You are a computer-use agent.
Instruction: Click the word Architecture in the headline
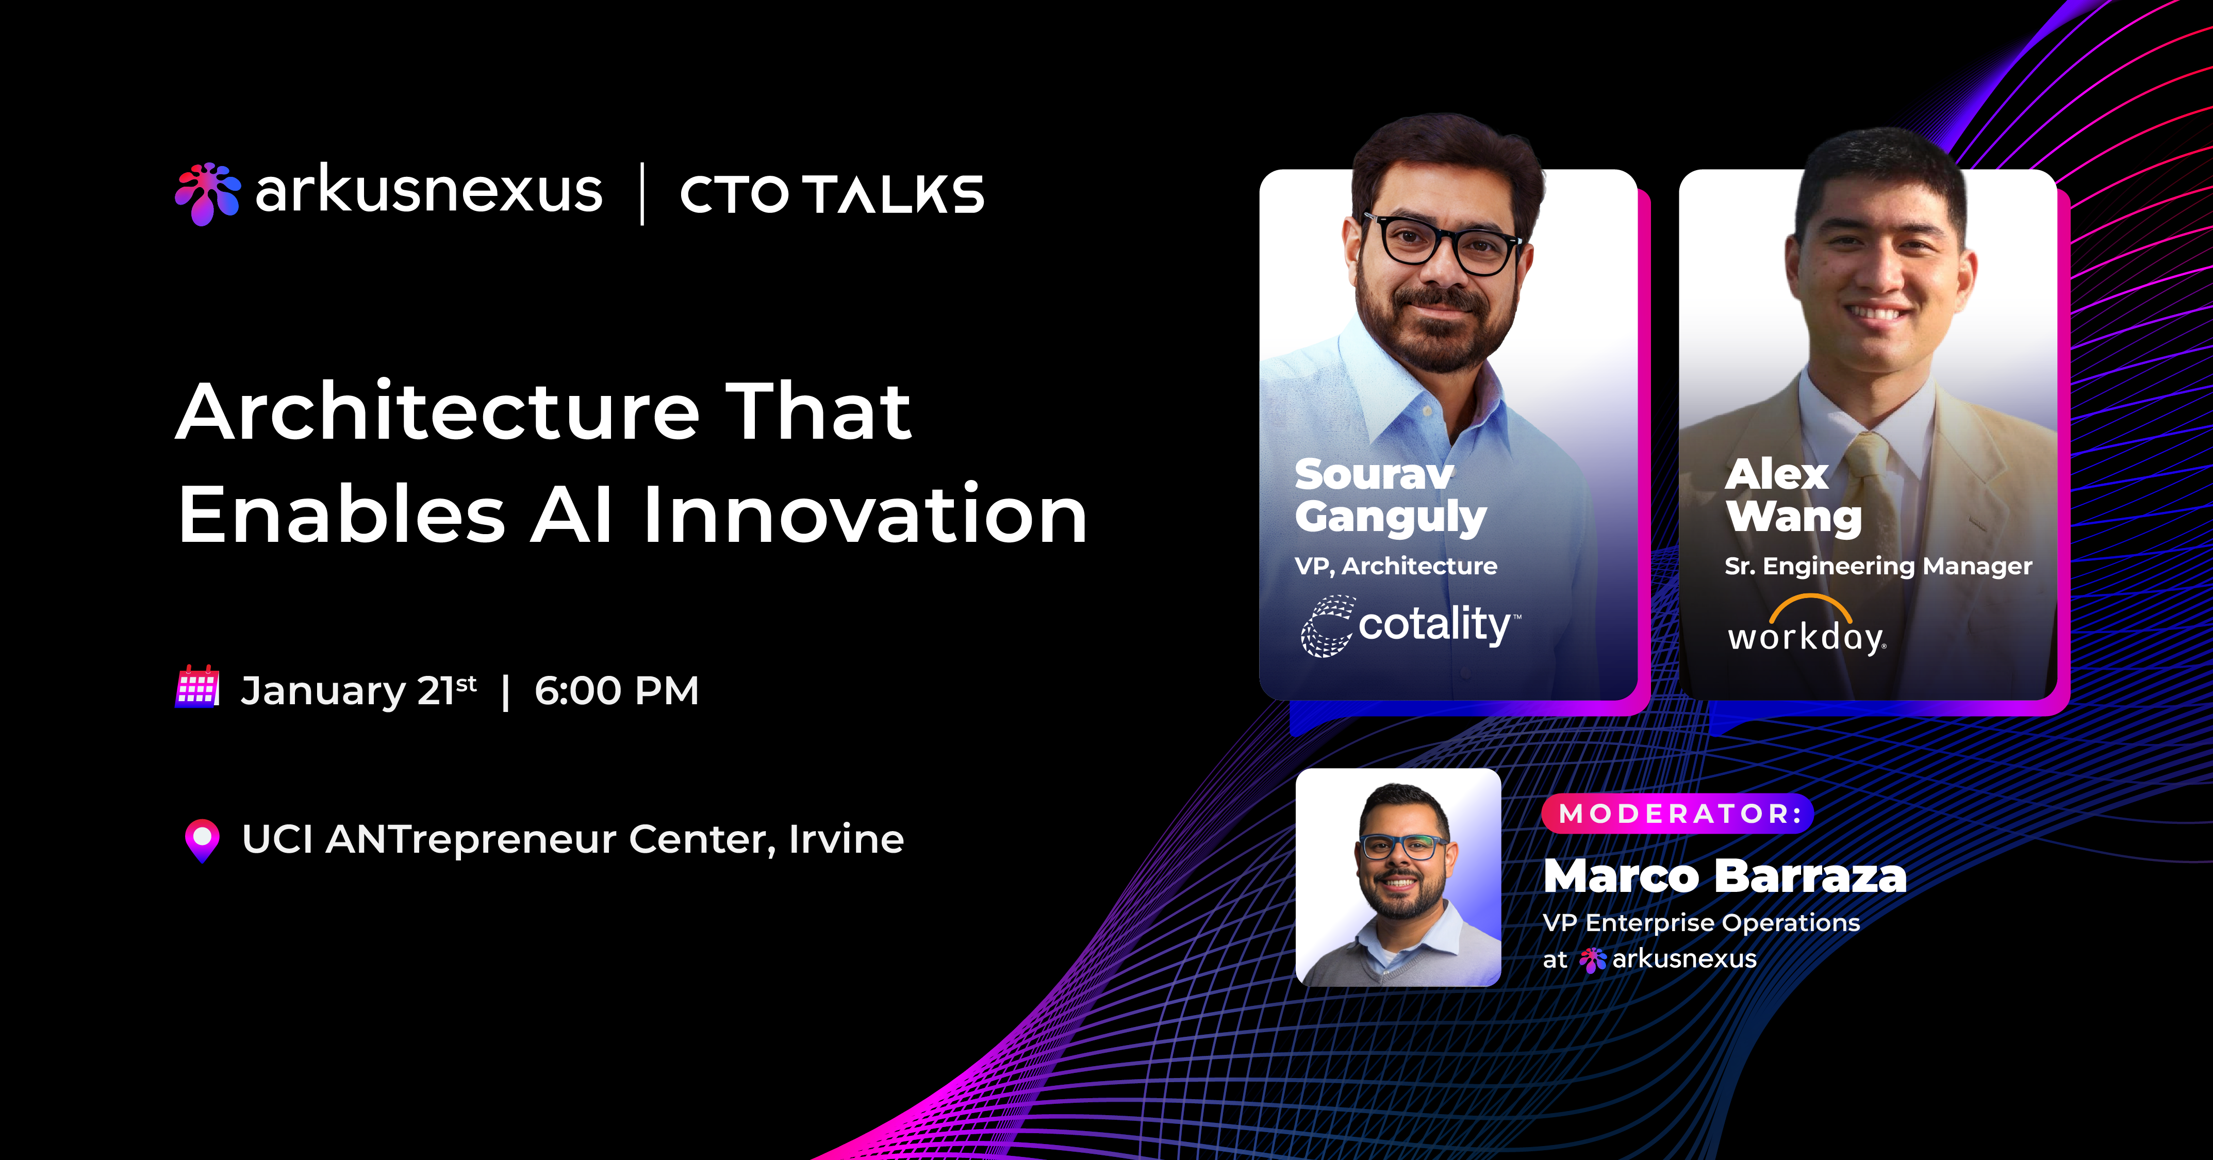click(438, 412)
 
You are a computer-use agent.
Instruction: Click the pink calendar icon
click(197, 687)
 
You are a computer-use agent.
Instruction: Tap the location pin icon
click(203, 839)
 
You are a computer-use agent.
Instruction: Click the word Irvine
click(846, 839)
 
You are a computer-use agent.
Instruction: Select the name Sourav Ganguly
click(1389, 496)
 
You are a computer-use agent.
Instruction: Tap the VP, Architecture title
click(1395, 566)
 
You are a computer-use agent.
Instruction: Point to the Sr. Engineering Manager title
click(1878, 566)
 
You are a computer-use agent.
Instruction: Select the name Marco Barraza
click(1724, 876)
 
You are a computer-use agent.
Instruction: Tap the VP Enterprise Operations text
click(1701, 923)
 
